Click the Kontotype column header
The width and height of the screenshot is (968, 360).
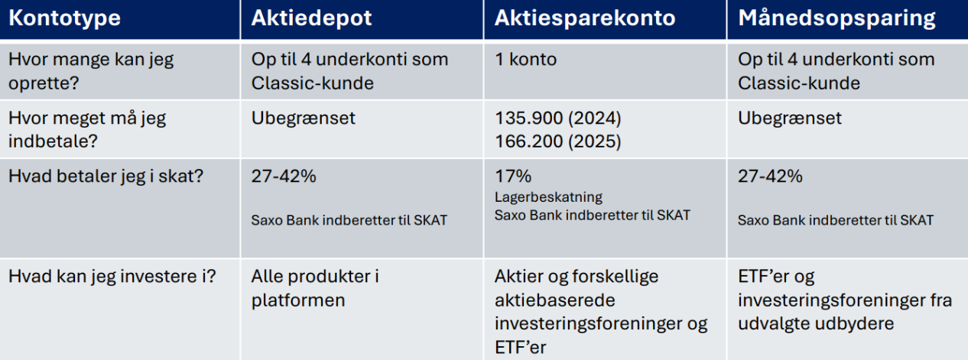pos(64,18)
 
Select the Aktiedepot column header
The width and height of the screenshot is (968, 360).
pos(311,18)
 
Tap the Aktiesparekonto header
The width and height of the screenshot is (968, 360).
pos(585,18)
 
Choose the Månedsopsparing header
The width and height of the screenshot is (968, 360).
pos(836,18)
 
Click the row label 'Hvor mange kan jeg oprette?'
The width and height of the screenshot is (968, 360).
pos(91,71)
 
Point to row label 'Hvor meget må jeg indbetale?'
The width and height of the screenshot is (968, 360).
pos(87,129)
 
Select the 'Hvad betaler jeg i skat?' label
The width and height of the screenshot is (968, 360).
pos(106,177)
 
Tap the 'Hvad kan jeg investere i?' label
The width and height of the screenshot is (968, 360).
pos(112,277)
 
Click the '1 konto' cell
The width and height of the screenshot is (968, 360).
pos(525,59)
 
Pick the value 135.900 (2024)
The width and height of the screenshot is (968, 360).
pos(558,118)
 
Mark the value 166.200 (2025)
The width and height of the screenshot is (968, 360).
pos(558,141)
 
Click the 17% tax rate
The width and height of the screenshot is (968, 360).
pos(513,177)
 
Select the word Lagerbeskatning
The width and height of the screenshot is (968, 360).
pos(548,197)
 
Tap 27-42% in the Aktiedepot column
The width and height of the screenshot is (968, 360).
pos(284,177)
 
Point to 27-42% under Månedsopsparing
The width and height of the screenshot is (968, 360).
pos(770,177)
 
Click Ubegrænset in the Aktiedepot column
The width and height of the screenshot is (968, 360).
pos(303,118)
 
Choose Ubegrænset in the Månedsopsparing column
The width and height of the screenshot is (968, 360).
pos(790,118)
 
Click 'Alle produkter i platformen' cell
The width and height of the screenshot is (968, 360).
pos(315,288)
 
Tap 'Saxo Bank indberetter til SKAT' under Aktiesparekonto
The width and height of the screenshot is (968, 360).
pos(593,216)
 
